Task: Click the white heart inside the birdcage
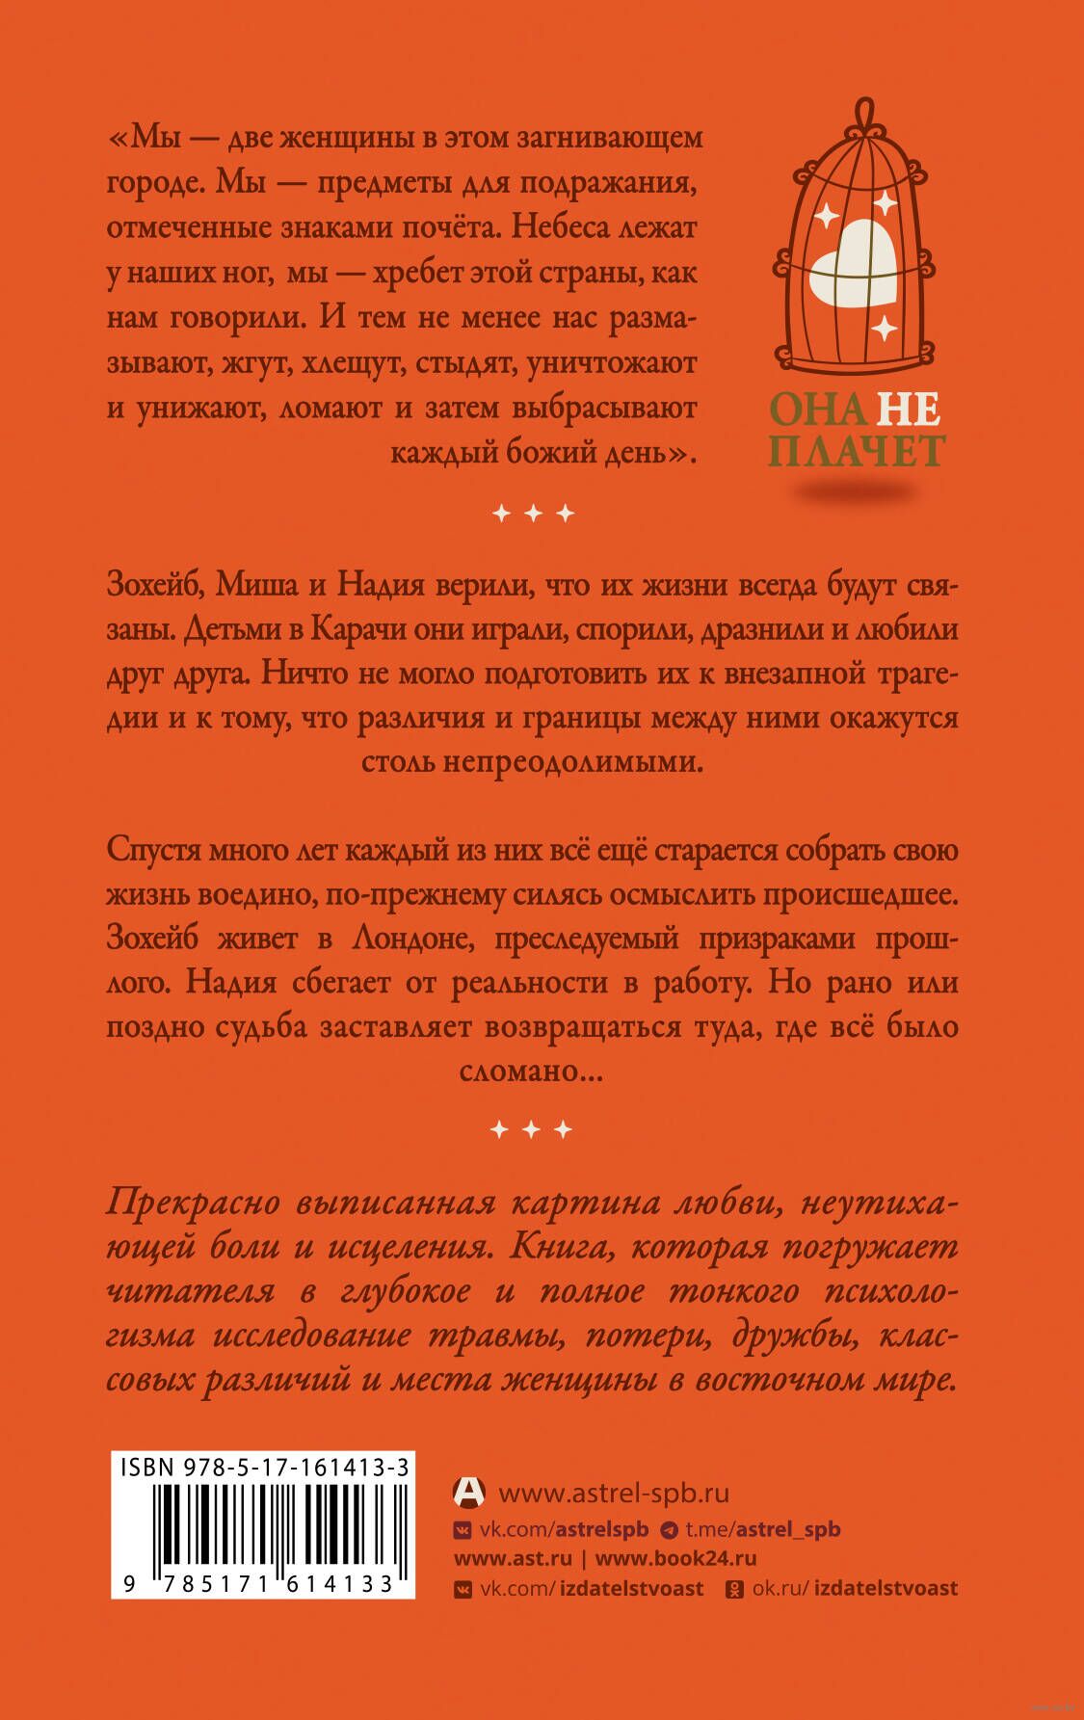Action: (x=853, y=261)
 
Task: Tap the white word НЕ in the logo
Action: (x=908, y=410)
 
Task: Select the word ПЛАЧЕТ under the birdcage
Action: (x=857, y=451)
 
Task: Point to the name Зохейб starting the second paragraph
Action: (x=152, y=586)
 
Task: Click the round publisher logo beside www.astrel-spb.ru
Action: (x=468, y=1493)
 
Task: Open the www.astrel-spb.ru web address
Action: (x=614, y=1494)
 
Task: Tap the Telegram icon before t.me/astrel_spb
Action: (x=669, y=1529)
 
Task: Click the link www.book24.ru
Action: (x=675, y=1558)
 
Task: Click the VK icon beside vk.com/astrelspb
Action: (x=463, y=1529)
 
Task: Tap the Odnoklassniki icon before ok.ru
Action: (x=733, y=1588)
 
